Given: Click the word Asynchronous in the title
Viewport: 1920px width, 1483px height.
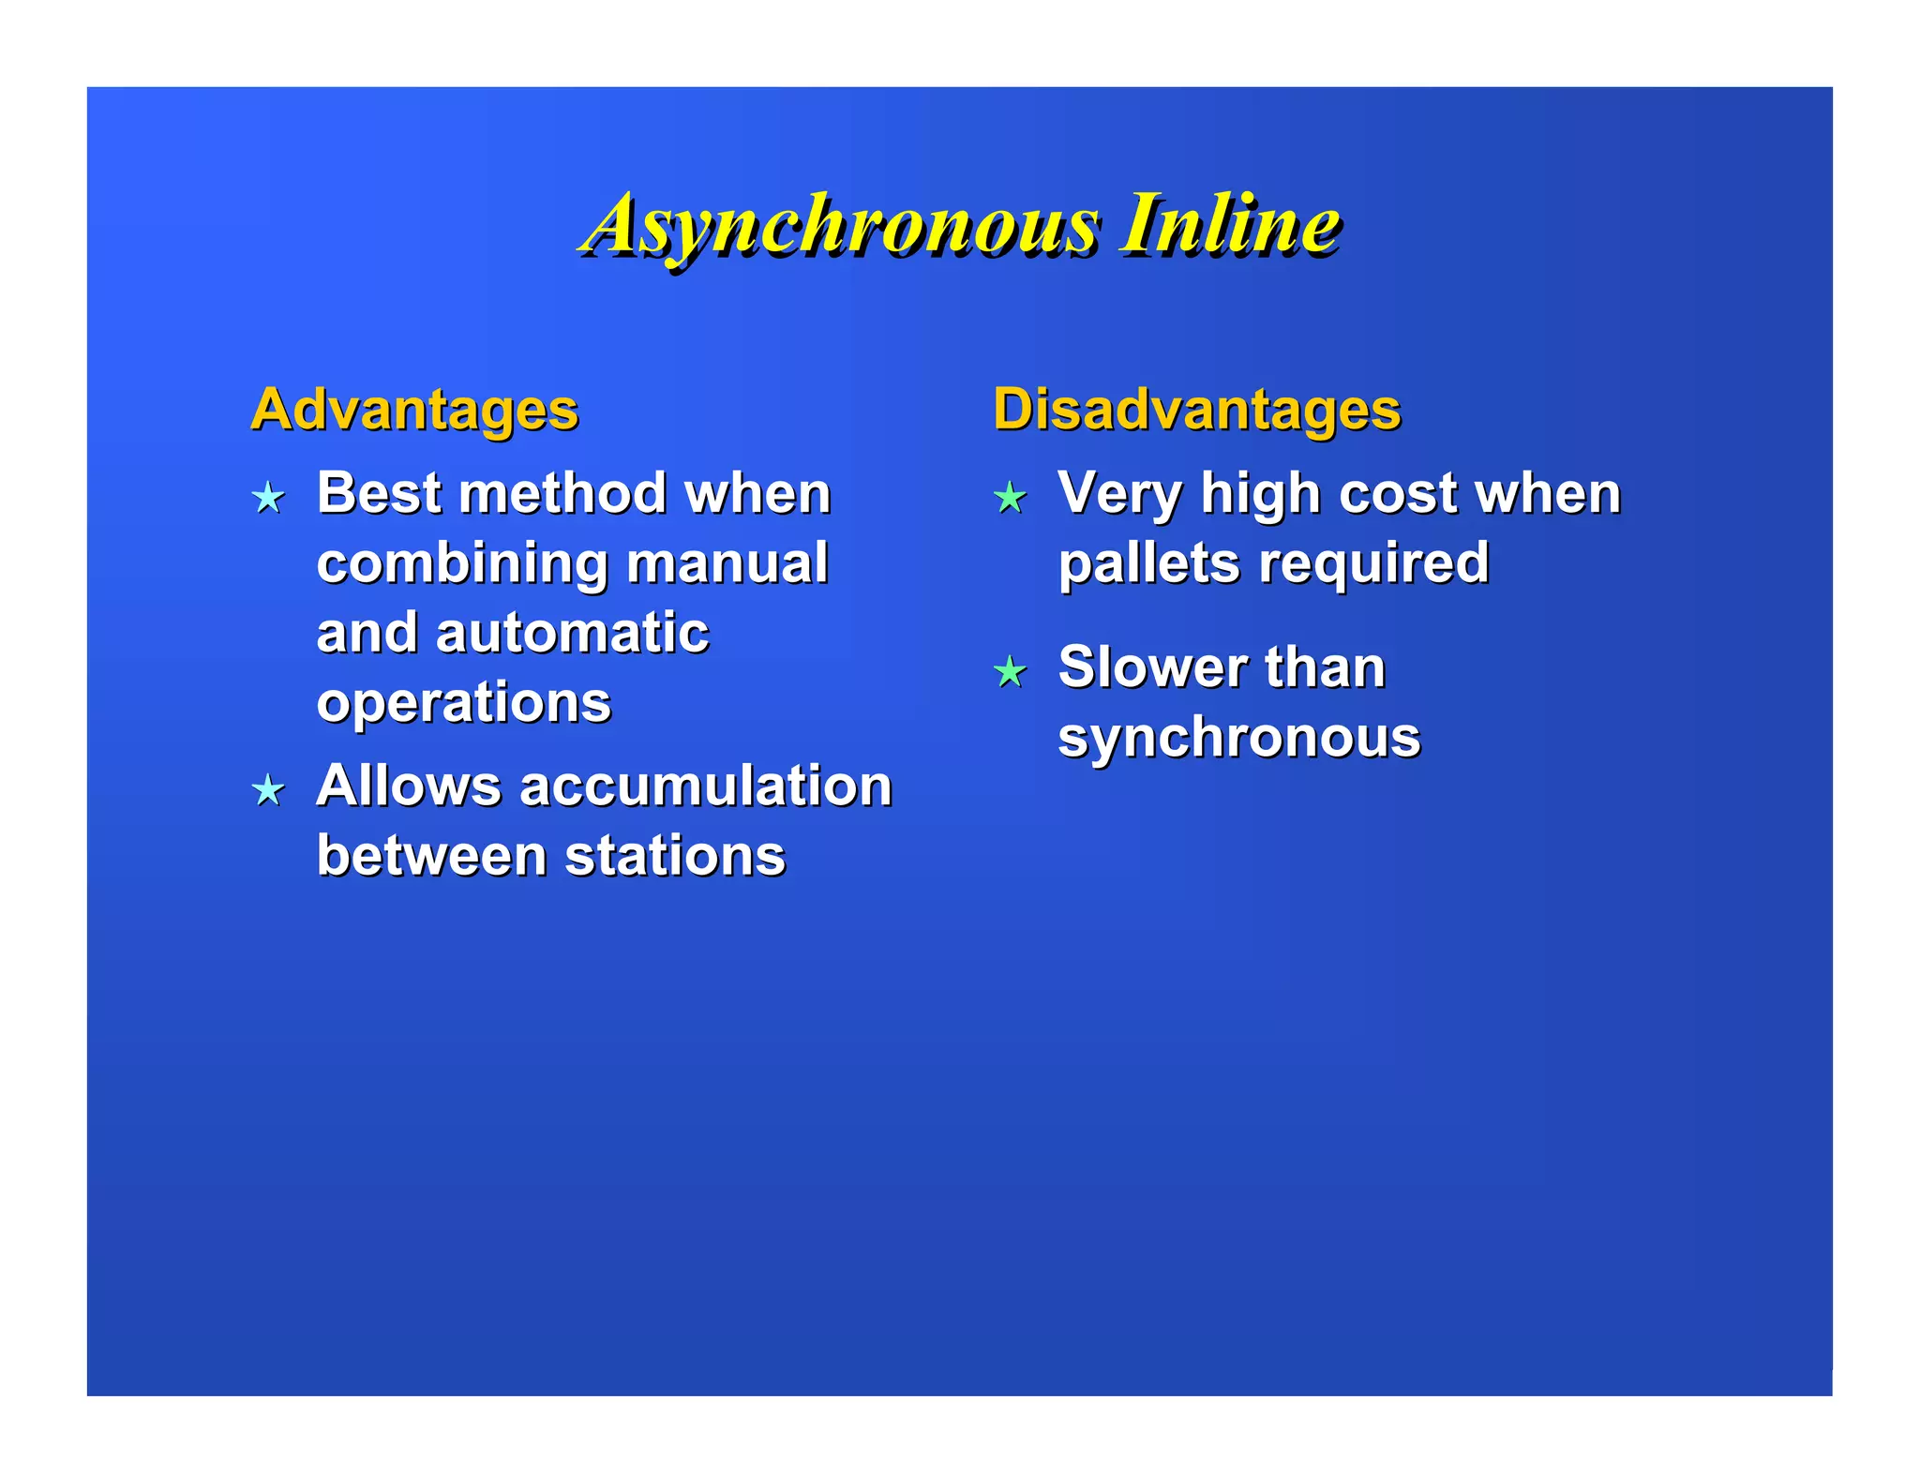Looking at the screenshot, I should click(x=840, y=225).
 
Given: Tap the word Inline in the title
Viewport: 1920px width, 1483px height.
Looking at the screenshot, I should click(x=1229, y=225).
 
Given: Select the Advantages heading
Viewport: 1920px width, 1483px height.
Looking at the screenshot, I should click(x=414, y=410).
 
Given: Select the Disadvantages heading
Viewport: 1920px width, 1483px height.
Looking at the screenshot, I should click(x=1196, y=410).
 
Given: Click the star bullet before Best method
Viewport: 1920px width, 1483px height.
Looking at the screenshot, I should click(x=269, y=497).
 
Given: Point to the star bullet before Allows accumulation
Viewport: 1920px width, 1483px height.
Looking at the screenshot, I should click(x=269, y=790).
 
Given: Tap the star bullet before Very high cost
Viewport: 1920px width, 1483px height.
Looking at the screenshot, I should click(x=1010, y=497).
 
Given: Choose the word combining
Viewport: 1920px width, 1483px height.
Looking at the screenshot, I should click(x=463, y=564).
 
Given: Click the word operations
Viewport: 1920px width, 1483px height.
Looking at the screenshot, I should click(x=463, y=703).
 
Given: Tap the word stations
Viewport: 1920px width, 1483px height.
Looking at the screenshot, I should click(x=675, y=855).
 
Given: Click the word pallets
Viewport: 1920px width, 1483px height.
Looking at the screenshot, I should click(x=1148, y=563).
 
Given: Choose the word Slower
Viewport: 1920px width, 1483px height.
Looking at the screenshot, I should click(x=1152, y=667).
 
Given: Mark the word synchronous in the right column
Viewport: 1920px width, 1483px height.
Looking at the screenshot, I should click(x=1238, y=738).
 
